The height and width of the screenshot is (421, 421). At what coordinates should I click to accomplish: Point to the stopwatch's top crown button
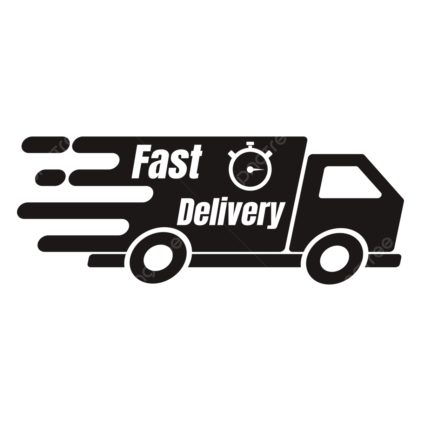point(250,144)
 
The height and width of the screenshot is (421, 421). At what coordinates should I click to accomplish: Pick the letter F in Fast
point(139,162)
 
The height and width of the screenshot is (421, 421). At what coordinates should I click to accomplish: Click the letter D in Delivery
point(188,212)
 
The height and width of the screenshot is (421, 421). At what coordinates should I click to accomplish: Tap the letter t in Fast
point(195,162)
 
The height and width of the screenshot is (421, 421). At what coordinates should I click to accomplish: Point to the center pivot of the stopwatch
point(249,169)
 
